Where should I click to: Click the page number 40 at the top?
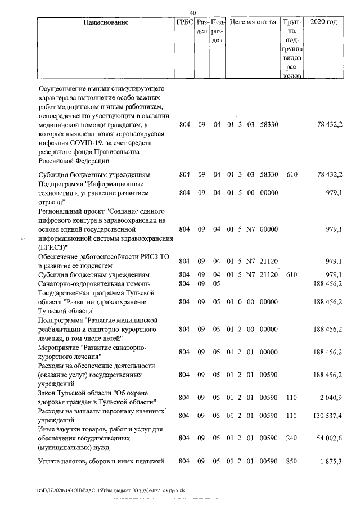click(x=193, y=12)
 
